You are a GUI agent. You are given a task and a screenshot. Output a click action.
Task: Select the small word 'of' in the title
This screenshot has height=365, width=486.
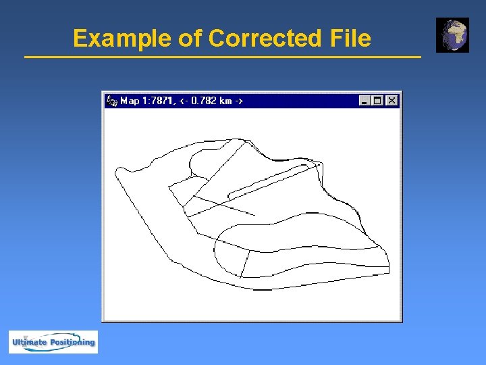click(190, 39)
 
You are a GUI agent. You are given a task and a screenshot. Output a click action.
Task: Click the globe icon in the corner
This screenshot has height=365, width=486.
click(452, 35)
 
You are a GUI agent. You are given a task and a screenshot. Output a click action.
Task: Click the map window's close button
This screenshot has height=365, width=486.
click(391, 101)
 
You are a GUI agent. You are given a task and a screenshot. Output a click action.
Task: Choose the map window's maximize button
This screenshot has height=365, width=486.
click(378, 101)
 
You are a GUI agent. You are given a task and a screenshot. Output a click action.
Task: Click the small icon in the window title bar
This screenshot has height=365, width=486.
click(112, 101)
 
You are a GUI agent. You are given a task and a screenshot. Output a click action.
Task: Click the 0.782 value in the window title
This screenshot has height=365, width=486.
click(205, 101)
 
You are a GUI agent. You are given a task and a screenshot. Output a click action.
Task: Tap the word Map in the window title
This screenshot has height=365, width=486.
click(130, 101)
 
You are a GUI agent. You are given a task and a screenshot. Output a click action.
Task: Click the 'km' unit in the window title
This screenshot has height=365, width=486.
click(226, 101)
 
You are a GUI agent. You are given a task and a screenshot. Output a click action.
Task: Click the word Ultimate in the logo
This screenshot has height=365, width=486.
click(29, 343)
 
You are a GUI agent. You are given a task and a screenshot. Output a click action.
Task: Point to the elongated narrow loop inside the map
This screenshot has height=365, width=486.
click(270, 180)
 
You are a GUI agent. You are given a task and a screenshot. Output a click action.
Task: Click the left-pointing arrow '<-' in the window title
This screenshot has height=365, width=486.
click(184, 101)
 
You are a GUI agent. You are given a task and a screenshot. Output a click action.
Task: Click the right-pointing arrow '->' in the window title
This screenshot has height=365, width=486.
click(239, 101)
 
